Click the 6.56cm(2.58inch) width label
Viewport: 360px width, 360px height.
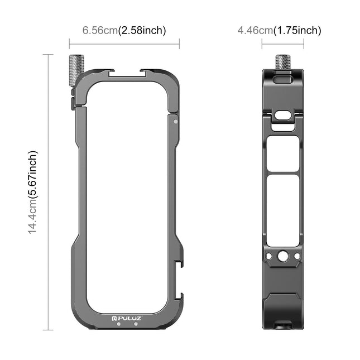124,30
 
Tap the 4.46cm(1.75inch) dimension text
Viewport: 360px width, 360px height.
279,30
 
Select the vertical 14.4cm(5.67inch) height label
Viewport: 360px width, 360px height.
33,191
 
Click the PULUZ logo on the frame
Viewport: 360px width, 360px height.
127,318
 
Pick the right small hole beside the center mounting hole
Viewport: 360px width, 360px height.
296,257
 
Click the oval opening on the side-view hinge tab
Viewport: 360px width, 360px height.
284,115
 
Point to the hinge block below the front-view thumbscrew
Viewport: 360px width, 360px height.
74,103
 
